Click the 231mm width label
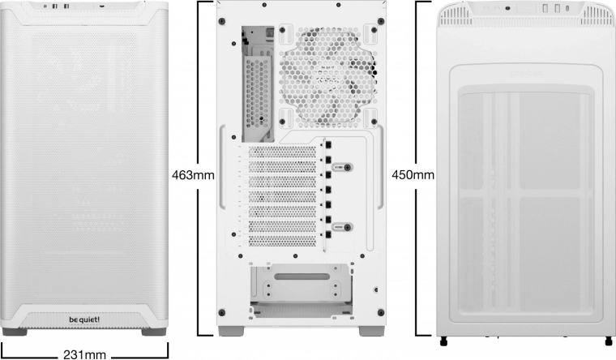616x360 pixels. click(85, 353)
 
